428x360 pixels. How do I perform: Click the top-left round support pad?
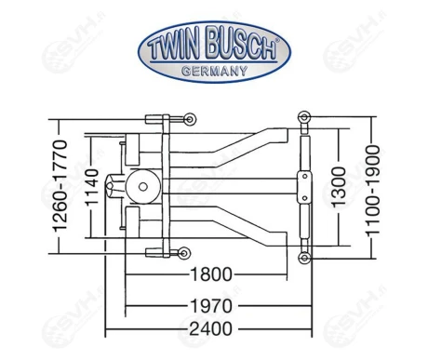[x=188, y=120]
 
